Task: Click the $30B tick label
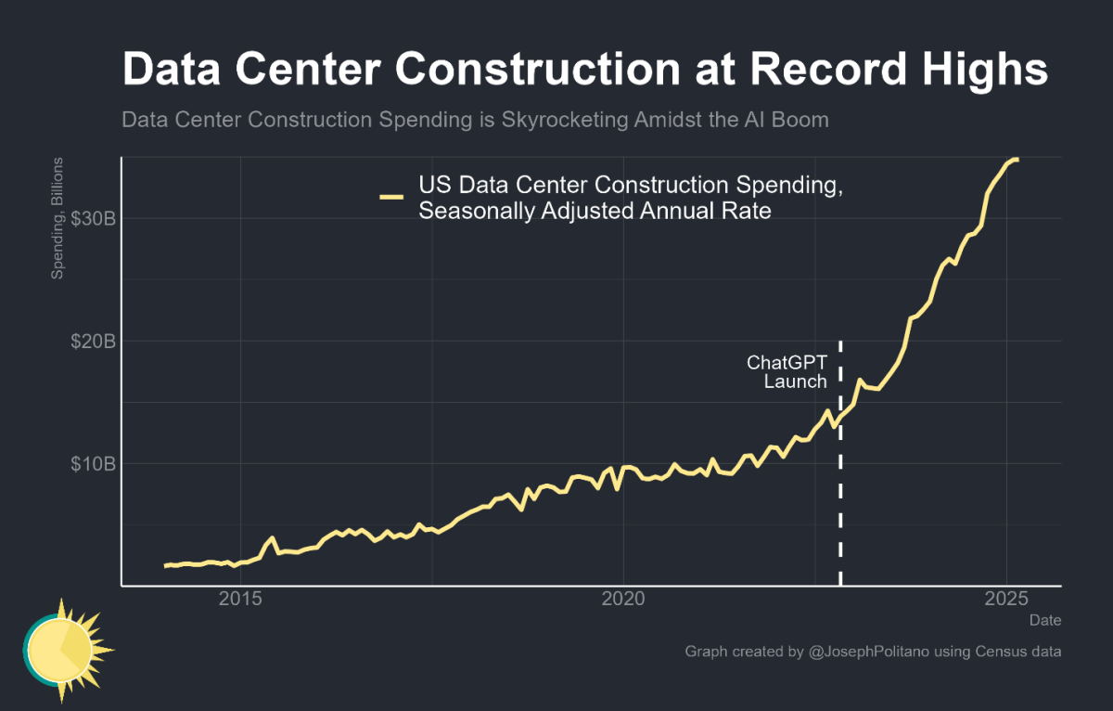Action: (93, 218)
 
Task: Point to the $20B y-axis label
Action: (93, 341)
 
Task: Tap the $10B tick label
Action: (93, 463)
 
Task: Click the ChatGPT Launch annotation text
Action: (787, 372)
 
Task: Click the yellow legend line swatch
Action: (390, 197)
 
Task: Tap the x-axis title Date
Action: (1045, 619)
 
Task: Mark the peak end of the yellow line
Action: (1017, 160)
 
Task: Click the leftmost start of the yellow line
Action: (165, 565)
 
